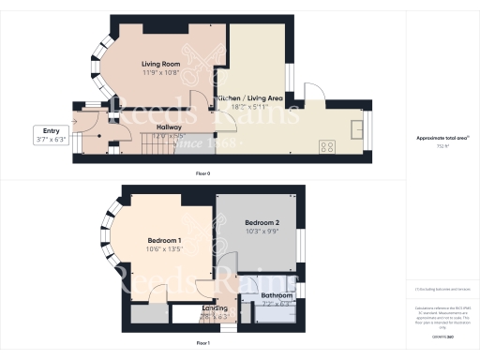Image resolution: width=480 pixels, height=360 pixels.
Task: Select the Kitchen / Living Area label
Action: pyautogui.click(x=249, y=97)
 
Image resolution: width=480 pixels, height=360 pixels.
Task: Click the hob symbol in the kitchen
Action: pyautogui.click(x=328, y=146)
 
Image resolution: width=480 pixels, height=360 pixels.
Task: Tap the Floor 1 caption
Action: pyautogui.click(x=202, y=344)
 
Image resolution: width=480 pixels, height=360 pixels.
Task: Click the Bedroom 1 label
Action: pyautogui.click(x=139, y=241)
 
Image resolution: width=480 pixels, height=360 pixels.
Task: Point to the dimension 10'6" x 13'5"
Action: pyautogui.click(x=139, y=249)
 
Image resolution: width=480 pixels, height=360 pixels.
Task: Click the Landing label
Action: pyautogui.click(x=216, y=308)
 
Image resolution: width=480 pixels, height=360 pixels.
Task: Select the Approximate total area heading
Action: pyautogui.click(x=442, y=138)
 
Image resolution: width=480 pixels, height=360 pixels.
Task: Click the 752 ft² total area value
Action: pyautogui.click(x=442, y=146)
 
